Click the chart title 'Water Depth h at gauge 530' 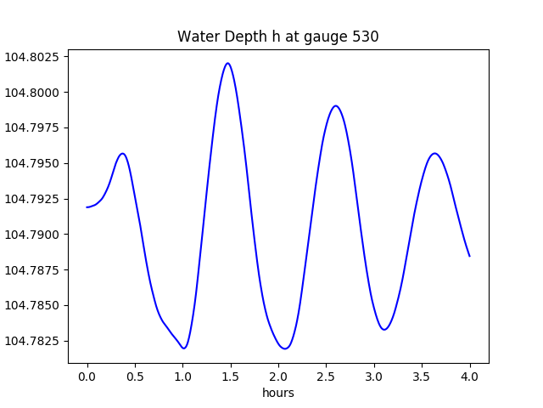tap(277, 37)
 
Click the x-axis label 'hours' tap(277, 393)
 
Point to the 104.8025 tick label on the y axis tap(34, 57)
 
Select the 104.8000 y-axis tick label tap(34, 93)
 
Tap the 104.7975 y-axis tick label tap(34, 128)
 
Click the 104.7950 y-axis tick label tap(34, 163)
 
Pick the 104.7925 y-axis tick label tap(34, 199)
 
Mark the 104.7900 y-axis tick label tap(34, 235)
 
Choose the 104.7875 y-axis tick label tap(34, 270)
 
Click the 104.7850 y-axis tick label tap(34, 305)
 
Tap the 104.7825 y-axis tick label tap(34, 341)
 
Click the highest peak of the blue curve tap(227, 63)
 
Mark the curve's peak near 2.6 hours tap(336, 106)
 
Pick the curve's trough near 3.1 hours tap(384, 330)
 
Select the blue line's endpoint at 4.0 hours tap(469, 256)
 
